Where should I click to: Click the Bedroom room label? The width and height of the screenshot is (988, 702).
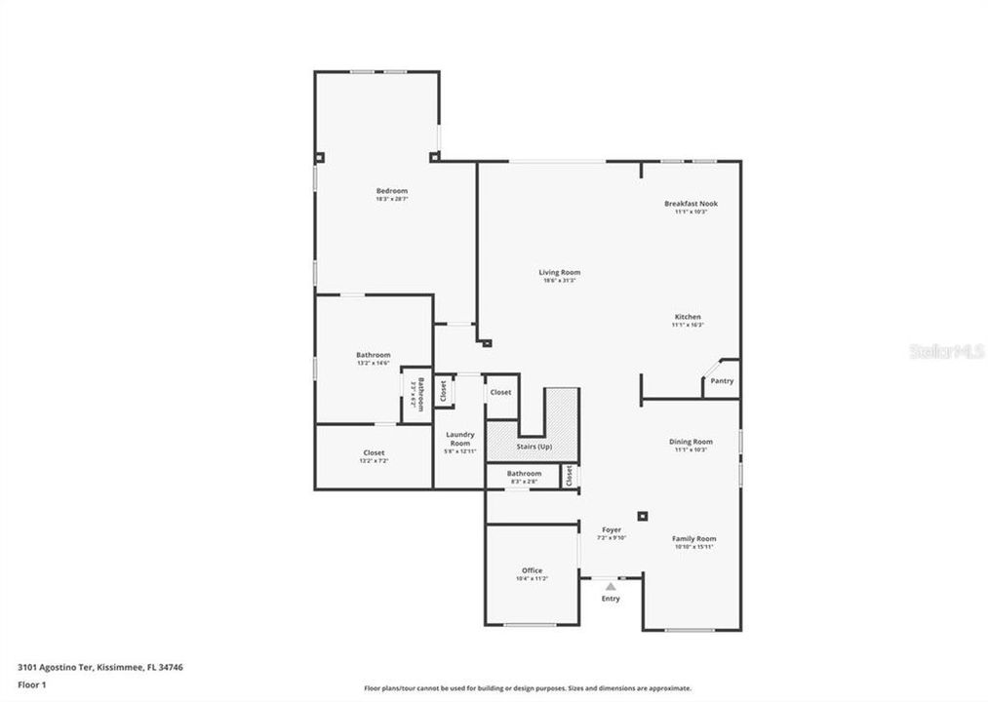tap(391, 191)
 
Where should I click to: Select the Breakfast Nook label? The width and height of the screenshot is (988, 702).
tap(691, 204)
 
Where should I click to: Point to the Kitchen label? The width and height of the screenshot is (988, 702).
tap(687, 317)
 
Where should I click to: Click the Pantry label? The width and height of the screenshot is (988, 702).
tap(722, 381)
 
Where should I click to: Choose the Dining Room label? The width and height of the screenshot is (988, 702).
tap(691, 442)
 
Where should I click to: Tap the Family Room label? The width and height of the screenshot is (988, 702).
tap(693, 539)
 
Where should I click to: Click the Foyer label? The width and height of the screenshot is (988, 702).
tap(612, 530)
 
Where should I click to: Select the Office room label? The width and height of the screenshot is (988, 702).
tap(532, 571)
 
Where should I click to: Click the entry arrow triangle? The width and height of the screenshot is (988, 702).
tap(611, 587)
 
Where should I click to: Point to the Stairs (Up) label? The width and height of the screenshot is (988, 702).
tap(534, 447)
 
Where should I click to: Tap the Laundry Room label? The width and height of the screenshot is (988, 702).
tap(459, 439)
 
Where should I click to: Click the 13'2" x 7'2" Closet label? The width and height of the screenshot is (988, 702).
tap(374, 453)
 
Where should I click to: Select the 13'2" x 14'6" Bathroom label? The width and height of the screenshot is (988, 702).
tap(373, 356)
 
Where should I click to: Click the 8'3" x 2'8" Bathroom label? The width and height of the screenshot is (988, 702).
tap(524, 474)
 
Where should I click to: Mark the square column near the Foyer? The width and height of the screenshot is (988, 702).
tap(642, 516)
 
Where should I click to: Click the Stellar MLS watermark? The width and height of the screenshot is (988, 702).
tap(946, 350)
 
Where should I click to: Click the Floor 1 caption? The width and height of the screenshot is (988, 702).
tap(31, 684)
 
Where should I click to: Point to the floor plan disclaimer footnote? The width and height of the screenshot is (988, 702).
tap(527, 688)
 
